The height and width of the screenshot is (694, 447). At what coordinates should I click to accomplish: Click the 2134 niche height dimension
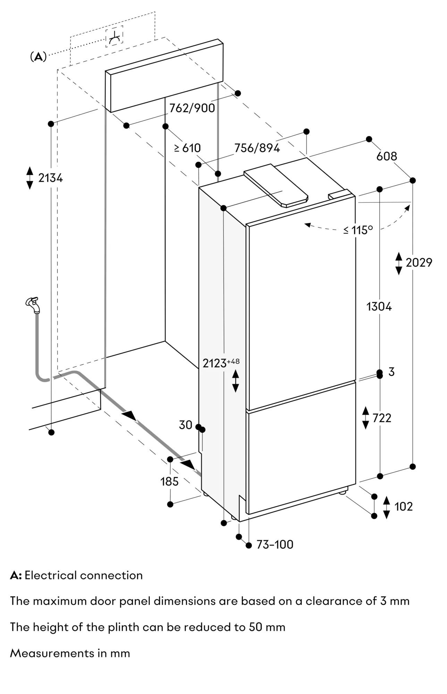tap(50, 178)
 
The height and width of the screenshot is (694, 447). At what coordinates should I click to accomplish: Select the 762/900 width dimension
tap(192, 108)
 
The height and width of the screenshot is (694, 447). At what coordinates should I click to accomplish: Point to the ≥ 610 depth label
tap(187, 148)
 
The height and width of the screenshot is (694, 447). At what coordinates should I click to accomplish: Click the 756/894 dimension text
tap(257, 148)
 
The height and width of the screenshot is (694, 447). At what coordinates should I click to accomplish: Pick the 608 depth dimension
tap(386, 156)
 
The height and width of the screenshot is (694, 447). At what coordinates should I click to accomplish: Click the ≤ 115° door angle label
tap(358, 230)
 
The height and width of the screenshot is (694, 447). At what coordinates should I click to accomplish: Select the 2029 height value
tap(419, 263)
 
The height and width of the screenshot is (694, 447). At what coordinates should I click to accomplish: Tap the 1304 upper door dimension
tap(379, 307)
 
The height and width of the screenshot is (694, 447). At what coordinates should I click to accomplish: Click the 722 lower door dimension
tap(382, 418)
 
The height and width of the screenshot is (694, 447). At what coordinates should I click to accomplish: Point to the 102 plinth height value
tap(403, 507)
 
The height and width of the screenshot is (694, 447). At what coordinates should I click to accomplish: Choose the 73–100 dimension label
tap(275, 544)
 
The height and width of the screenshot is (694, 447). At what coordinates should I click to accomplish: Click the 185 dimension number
tap(169, 482)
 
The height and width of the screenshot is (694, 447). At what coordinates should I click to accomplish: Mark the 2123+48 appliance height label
tap(221, 363)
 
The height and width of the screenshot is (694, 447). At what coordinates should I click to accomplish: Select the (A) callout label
tap(38, 57)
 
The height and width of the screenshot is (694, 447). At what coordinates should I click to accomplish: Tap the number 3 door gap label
tap(391, 372)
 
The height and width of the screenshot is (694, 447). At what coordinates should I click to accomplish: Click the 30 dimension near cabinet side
tap(185, 425)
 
